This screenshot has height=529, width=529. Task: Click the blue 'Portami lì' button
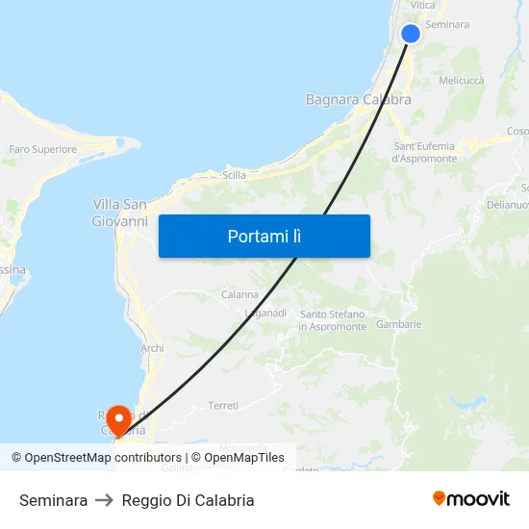click(264, 236)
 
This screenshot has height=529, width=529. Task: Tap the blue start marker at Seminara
click(411, 34)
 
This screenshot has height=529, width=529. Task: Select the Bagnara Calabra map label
click(358, 99)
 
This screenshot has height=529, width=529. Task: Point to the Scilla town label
click(234, 175)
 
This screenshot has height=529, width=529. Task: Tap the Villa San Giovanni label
click(119, 213)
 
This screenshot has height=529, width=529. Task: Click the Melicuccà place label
click(461, 82)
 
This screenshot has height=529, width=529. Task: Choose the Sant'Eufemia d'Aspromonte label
click(424, 152)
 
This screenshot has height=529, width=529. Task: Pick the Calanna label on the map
click(239, 294)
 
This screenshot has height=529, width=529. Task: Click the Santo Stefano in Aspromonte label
click(333, 320)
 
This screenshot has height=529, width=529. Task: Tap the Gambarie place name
click(399, 324)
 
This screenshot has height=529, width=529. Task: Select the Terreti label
click(223, 406)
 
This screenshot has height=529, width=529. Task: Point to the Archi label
click(152, 348)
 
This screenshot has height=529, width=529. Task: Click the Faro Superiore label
click(42, 149)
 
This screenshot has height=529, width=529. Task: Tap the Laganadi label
click(265, 314)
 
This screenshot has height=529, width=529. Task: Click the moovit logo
click(471, 499)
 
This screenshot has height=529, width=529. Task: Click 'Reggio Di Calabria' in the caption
click(188, 500)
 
